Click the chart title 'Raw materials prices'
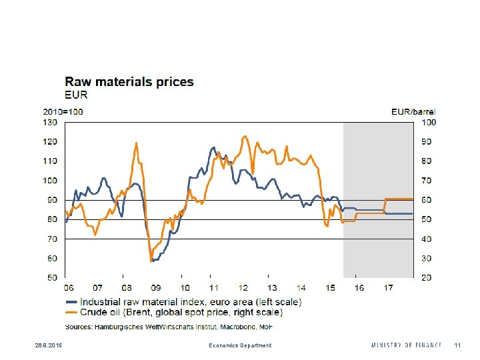tap(129, 82)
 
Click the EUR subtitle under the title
tap(77, 95)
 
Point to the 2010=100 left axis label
tap(63, 112)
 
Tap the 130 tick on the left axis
tap(51, 122)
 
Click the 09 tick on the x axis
tap(155, 288)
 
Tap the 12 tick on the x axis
tap(243, 288)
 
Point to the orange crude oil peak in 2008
tap(136, 143)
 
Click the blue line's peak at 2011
tap(213, 147)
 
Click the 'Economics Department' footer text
tap(240, 345)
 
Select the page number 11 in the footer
tap(457, 345)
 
